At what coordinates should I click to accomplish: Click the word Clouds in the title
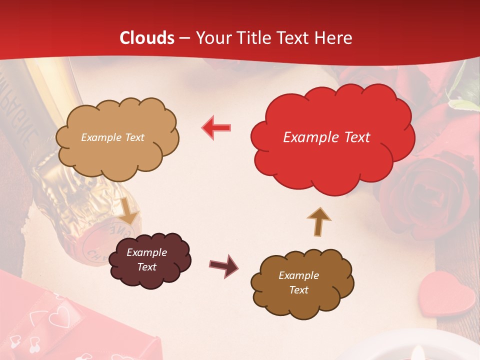[147, 38]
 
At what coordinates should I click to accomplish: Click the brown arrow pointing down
[129, 210]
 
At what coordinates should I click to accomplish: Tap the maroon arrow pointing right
[223, 265]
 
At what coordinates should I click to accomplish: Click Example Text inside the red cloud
[326, 137]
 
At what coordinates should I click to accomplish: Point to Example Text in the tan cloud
[112, 137]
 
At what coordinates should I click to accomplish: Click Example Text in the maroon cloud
[146, 259]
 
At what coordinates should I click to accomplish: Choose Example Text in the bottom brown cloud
[298, 282]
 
